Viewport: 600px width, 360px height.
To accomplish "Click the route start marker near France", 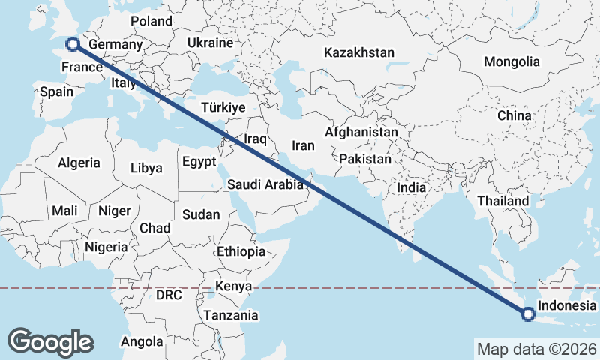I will click(73, 44).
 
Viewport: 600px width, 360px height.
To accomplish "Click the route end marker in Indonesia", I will click(527, 314).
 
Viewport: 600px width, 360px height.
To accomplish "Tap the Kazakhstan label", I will click(358, 52).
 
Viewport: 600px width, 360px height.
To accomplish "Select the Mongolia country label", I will click(511, 61).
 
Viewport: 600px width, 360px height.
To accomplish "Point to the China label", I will click(514, 116).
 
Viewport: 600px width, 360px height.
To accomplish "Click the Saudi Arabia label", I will click(265, 184).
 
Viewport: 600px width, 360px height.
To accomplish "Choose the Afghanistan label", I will click(361, 132).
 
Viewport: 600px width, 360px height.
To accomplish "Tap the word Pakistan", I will click(365, 159).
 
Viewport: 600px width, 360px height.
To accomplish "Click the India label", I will click(411, 188).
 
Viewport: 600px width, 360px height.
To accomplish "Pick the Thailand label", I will click(502, 201).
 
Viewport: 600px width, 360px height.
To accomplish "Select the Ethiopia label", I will click(241, 251).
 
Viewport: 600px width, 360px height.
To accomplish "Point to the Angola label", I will click(142, 342).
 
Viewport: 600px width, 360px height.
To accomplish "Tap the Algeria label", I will click(79, 163).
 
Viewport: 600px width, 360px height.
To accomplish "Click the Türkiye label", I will click(223, 108).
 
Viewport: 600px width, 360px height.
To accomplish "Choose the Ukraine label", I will click(211, 43).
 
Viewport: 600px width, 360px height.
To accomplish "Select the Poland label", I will click(151, 21).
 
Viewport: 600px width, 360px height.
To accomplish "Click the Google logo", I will click(51, 341).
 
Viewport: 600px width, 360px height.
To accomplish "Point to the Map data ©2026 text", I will click(536, 348).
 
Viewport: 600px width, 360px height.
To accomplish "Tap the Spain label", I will click(56, 91).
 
